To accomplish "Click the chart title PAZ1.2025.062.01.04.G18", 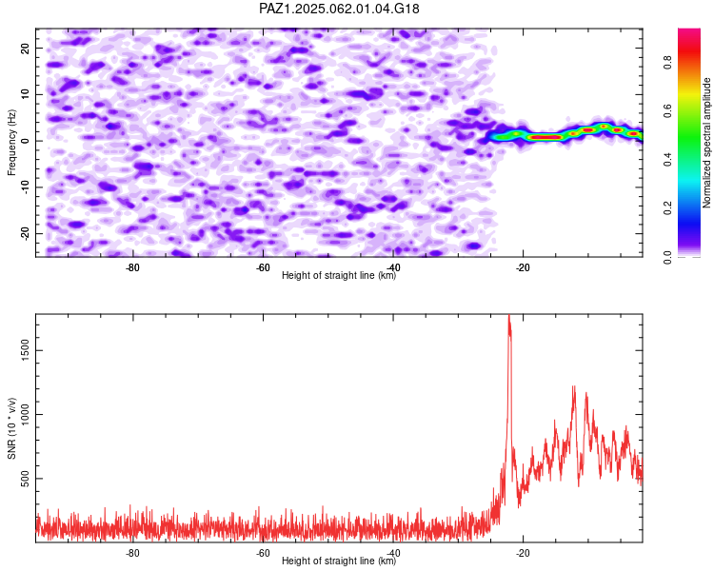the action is coord(339,9).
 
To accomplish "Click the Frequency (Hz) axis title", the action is coord(11,143).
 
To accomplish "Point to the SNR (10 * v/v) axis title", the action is coord(11,428).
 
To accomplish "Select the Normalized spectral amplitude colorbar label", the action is coord(706,143).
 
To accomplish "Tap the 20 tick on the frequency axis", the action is coord(26,48).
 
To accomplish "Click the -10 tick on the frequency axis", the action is coord(26,187).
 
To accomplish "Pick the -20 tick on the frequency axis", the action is coord(26,233).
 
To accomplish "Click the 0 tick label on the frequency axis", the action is coord(26,141).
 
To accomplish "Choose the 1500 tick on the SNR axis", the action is coord(26,350).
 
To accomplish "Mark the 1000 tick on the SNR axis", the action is coord(26,414).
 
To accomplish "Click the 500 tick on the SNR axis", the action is coord(26,479).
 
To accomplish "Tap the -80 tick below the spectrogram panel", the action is coord(132,267).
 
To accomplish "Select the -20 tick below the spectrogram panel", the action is coord(524,267).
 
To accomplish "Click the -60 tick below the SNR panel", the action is coord(263,553).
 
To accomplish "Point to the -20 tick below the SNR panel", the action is coord(524,553).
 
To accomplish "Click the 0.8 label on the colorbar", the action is coord(667,63).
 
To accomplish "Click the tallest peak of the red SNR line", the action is coord(509,316).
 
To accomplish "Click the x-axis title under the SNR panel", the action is coord(339,561).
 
